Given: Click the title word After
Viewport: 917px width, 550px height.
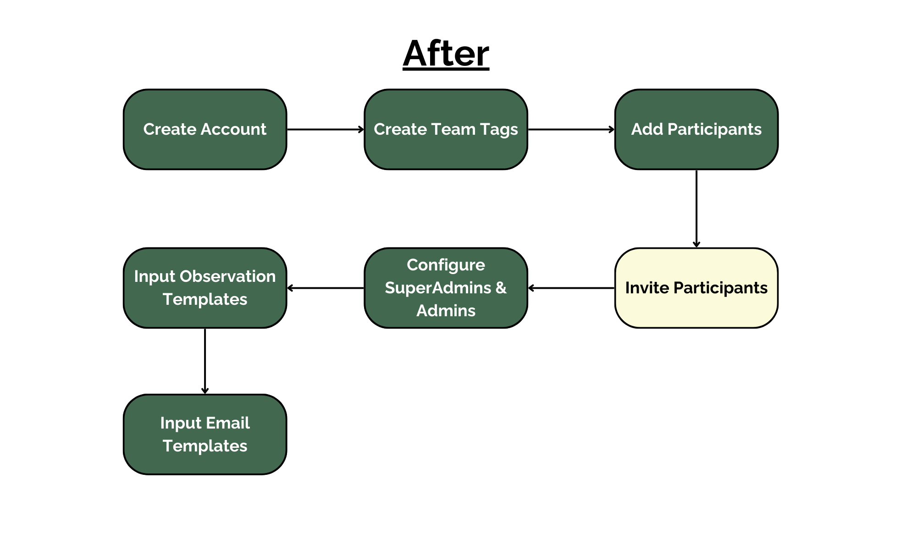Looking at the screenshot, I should [x=446, y=54].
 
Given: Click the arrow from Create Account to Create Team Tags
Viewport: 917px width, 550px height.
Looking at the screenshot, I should [x=326, y=130].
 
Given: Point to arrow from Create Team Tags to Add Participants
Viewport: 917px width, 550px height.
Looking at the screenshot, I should [x=571, y=130].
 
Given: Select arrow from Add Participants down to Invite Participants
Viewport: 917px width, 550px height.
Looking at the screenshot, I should [x=696, y=209].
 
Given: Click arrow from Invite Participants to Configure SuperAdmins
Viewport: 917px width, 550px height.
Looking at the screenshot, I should [x=571, y=288].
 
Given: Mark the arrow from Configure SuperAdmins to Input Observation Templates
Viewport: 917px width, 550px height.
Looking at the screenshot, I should [x=326, y=288].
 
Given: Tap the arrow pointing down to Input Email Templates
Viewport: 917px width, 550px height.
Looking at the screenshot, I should [x=205, y=361].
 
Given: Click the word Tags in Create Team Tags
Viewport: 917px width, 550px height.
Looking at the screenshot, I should [x=499, y=130].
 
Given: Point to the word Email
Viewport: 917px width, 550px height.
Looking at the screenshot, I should [x=228, y=423].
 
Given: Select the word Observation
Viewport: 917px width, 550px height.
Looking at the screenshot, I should [x=227, y=276].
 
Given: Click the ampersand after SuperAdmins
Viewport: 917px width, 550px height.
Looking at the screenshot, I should [x=501, y=288].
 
